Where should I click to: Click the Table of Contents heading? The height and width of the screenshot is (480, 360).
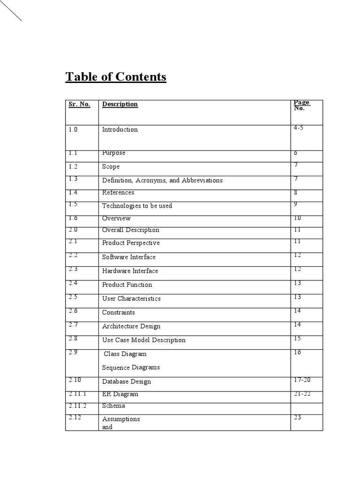coord(116,77)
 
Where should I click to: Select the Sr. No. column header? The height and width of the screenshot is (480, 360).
coord(79,104)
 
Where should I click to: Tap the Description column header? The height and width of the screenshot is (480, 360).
coord(120,104)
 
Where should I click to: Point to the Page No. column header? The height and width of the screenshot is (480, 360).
coord(301,105)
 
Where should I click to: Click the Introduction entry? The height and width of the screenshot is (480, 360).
coord(120,129)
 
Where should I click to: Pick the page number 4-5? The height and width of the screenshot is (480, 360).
coord(299,127)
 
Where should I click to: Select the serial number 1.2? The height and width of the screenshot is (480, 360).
coord(74,166)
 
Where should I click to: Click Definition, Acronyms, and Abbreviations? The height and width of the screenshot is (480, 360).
coord(162,180)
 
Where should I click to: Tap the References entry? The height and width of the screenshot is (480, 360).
coord(118,193)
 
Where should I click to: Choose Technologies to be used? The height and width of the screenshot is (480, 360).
coord(137,206)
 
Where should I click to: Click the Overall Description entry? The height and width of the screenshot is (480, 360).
coord(130,230)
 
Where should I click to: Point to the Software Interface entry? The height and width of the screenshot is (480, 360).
coord(129,257)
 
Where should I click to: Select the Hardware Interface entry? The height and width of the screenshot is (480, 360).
coord(130,271)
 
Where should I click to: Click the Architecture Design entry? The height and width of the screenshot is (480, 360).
coord(131,326)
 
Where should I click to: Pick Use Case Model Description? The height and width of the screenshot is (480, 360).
coord(143,340)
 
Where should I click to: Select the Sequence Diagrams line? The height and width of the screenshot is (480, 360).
coord(131,367)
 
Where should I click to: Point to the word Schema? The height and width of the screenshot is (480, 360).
coord(113,406)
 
